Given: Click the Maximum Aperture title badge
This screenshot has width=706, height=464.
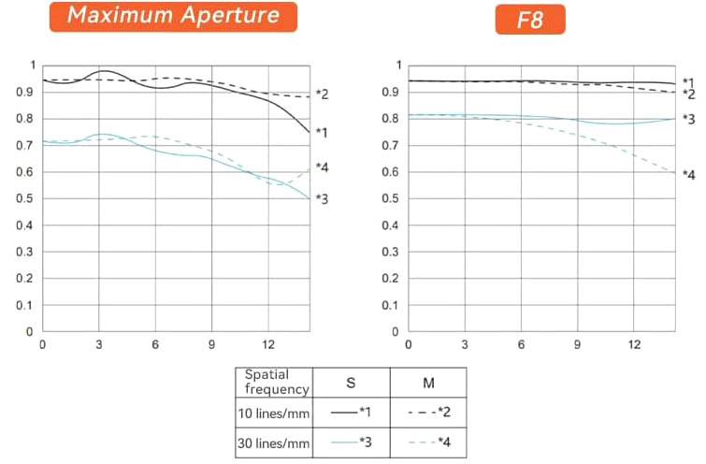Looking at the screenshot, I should (173, 17).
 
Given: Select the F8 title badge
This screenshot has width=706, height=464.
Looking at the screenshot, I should (530, 19).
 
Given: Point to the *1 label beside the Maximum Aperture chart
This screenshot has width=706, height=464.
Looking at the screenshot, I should (321, 133).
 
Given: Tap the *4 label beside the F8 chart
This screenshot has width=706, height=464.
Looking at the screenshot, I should (688, 174).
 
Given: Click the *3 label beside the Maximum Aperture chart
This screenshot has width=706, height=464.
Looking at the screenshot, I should (321, 198).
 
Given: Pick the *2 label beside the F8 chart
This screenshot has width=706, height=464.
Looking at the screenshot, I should (688, 94).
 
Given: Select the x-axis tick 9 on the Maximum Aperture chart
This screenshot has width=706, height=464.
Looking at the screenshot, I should (212, 345).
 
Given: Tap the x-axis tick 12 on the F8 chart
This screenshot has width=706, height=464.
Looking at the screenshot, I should (635, 345).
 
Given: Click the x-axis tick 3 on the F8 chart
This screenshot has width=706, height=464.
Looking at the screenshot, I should (465, 345).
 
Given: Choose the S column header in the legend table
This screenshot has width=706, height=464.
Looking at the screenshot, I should (350, 382).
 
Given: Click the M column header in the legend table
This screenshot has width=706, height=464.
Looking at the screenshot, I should (427, 382).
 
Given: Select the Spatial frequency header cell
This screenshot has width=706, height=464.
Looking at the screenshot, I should (275, 382).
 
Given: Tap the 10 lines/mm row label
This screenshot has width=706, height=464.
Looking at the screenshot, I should (275, 411).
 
